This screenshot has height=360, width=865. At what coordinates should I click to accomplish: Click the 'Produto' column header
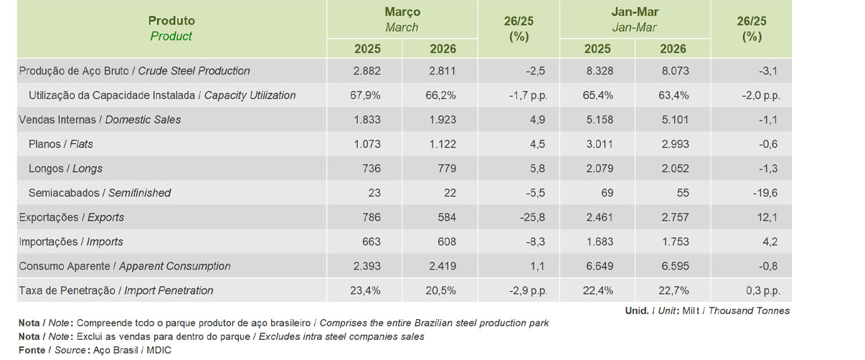pos(171,21)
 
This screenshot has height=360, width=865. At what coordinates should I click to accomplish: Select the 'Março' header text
pos(402,12)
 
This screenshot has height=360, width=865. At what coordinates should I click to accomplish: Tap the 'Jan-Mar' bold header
pos(635,12)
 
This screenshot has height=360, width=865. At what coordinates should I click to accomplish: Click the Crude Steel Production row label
pos(135,71)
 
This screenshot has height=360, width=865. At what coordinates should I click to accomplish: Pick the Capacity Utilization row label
pos(162,95)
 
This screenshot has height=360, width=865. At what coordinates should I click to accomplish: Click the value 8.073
pos(673,71)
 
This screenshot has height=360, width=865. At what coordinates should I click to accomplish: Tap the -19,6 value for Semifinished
pos(766,193)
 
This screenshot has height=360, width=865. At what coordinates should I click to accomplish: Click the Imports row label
pos(71,242)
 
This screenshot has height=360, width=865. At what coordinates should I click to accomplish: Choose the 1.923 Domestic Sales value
pos(443,120)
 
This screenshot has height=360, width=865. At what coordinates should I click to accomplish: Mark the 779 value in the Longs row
pos(445,169)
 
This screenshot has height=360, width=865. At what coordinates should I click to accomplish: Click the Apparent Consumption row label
pos(125,266)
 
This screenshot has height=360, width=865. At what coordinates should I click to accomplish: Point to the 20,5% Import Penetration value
pos(441,290)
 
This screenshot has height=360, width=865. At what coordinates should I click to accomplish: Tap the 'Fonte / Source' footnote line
pos(95,350)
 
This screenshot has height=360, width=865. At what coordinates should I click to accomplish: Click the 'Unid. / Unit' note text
pos(707,311)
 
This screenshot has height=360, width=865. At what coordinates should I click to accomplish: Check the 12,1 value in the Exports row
pos(770,217)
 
